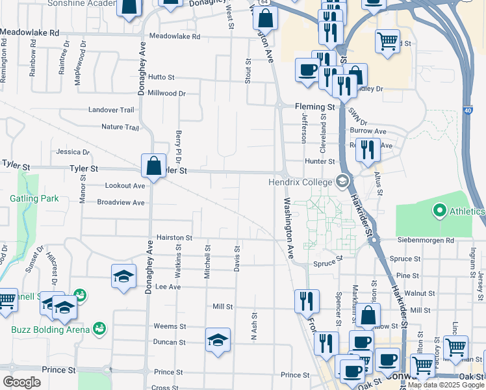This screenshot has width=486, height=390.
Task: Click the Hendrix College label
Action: click(300, 182)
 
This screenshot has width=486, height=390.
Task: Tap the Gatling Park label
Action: click(34, 198)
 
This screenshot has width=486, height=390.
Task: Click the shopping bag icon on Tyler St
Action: click(154, 166)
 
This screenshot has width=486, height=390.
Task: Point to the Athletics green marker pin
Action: click(439, 211)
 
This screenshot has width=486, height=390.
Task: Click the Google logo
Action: click(21, 382)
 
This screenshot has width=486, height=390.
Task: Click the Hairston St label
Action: click(173, 239)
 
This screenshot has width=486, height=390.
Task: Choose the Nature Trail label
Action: click(120, 127)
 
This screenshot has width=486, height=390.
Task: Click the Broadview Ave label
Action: click(120, 202)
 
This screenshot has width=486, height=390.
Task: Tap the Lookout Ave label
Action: click(125, 185)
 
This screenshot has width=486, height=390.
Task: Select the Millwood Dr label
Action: click(166, 93)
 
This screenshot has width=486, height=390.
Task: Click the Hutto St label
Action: click(162, 77)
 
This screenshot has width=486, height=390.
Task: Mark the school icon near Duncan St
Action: click(218, 340)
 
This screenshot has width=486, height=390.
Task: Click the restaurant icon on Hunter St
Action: click(369, 149)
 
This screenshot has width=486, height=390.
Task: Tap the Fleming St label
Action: click(314, 107)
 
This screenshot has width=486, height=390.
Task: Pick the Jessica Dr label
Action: click(73, 151)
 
